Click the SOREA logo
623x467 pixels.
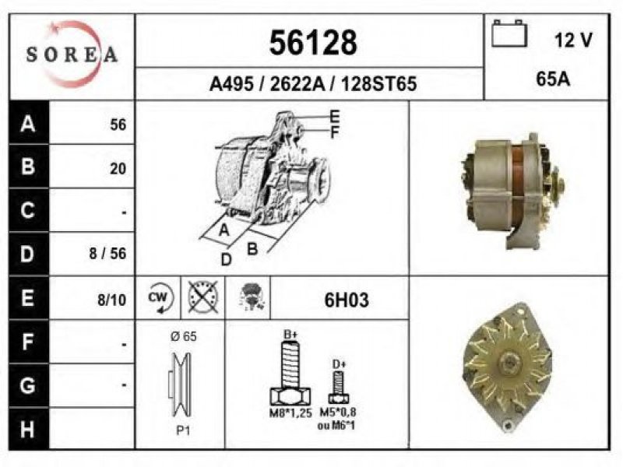[x=72, y=54]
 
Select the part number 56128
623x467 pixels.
[x=313, y=43]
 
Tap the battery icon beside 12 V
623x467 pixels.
[x=509, y=33]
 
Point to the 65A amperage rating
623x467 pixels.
[x=553, y=79]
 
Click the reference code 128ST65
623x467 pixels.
[x=378, y=84]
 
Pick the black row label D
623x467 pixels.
[x=28, y=254]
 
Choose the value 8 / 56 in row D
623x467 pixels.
[x=107, y=254]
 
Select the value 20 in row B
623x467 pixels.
[x=118, y=169]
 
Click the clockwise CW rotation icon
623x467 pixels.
[x=160, y=298]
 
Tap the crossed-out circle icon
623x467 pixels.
[x=203, y=297]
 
